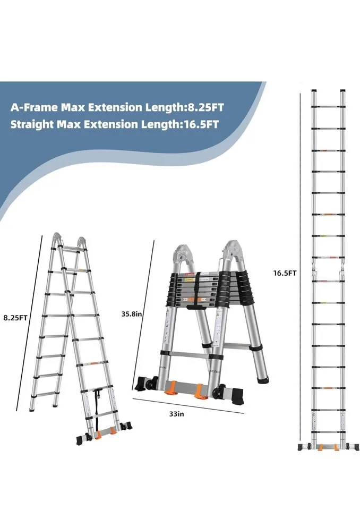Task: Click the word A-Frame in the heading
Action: (34, 107)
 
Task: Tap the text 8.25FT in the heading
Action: (204, 107)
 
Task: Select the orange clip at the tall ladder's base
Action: (320, 447)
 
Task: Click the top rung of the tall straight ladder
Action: (328, 106)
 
